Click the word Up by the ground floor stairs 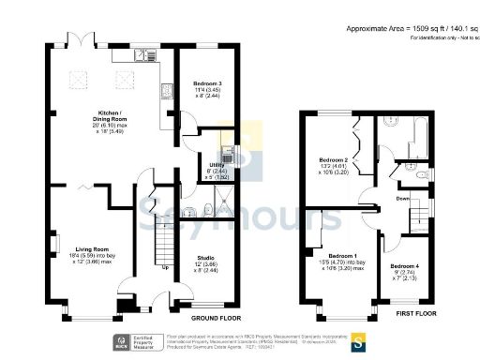(x=166, y=267)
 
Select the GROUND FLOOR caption (x=217, y=319)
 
